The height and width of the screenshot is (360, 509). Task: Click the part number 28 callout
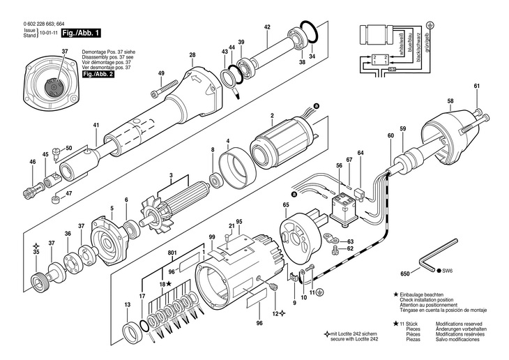(192, 55)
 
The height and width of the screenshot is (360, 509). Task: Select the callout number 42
(267, 27)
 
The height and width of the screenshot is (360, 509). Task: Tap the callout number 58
(450, 101)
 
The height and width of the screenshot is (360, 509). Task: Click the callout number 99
(213, 239)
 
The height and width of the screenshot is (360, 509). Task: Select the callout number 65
(286, 204)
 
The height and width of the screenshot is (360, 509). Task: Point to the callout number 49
(161, 73)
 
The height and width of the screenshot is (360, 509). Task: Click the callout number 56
(339, 165)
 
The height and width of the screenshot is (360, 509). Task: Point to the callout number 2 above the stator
(272, 114)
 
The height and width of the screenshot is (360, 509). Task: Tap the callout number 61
(477, 86)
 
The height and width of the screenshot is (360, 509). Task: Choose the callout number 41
(97, 126)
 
